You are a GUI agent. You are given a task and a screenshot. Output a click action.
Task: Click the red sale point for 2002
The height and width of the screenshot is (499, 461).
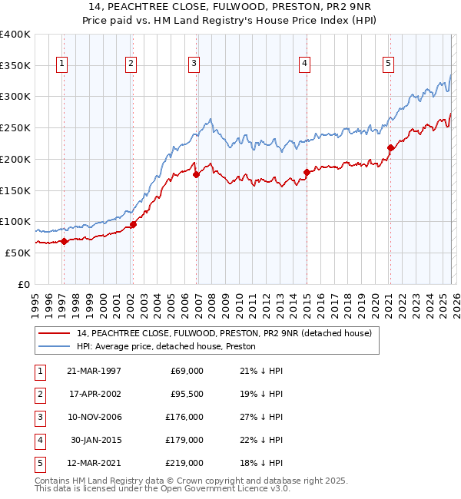133,224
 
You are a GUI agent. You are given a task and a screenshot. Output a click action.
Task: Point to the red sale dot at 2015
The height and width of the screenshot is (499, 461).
307,172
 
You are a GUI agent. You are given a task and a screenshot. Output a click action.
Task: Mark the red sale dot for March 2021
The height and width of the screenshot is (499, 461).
390,147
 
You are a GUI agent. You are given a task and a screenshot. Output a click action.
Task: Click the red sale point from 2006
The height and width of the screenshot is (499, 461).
196,174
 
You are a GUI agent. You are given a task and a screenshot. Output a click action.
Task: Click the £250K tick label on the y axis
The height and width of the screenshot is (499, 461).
15,128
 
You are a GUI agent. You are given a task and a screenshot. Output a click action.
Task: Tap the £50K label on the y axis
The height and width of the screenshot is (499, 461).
18,253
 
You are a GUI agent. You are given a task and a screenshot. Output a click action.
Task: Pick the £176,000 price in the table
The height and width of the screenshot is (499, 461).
185,417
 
